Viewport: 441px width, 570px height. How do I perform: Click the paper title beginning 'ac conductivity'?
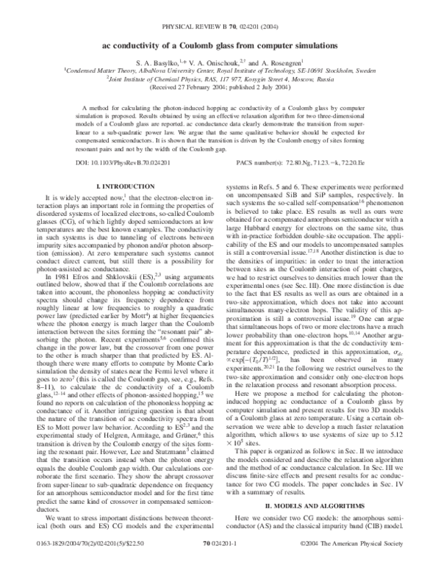(220, 46)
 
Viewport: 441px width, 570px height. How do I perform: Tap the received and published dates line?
(220, 90)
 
